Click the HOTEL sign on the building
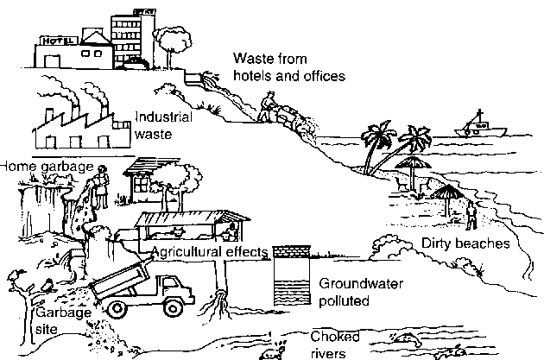tap(59, 41)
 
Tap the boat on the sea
tap(481, 126)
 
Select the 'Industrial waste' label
tap(163, 125)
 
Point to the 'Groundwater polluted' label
tap(361, 293)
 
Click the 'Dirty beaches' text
tap(465, 243)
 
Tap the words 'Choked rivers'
tap(335, 344)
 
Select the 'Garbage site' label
tap(63, 320)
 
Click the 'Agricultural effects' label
tap(210, 251)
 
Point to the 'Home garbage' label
tap(47, 167)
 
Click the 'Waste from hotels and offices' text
tap(289, 67)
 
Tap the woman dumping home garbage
tap(101, 186)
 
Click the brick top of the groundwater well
tap(292, 251)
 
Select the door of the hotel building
tap(52, 61)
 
